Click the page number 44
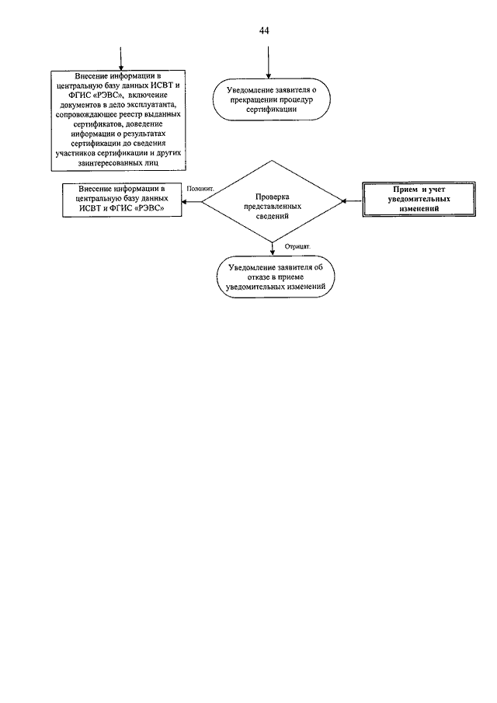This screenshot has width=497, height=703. (264, 30)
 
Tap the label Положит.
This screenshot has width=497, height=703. (200, 189)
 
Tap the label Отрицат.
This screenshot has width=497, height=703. (297, 246)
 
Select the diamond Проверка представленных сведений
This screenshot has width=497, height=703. (272, 201)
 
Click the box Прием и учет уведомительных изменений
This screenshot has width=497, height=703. (419, 199)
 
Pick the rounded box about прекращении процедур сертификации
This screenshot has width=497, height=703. (271, 99)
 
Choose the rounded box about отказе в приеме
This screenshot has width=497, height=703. (275, 277)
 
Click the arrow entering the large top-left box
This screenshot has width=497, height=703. (121, 58)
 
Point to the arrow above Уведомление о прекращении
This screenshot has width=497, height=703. (268, 62)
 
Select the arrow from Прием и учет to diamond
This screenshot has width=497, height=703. (353, 201)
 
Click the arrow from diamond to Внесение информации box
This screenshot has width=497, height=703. (192, 201)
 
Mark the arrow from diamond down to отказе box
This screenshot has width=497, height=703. (272, 249)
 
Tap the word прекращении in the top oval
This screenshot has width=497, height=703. (251, 99)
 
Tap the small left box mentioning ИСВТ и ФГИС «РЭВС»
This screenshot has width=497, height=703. (122, 200)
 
